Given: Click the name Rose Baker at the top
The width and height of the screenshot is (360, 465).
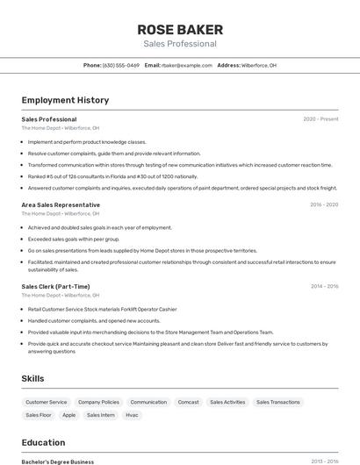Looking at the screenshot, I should pyautogui.click(x=180, y=29).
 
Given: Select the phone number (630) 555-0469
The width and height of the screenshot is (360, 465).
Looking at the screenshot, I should pyautogui.click(x=120, y=65).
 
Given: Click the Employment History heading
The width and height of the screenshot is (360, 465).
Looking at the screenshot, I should pyautogui.click(x=65, y=100).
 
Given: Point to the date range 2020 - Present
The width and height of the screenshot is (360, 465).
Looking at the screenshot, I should pyautogui.click(x=320, y=119).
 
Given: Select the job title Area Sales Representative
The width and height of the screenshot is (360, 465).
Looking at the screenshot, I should pyautogui.click(x=61, y=204).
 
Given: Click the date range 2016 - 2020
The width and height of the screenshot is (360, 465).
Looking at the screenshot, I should pyautogui.click(x=324, y=204).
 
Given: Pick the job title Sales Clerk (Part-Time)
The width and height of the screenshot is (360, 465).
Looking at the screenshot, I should pyautogui.click(x=55, y=286).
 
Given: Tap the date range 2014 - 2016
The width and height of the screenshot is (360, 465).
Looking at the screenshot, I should pyautogui.click(x=324, y=286).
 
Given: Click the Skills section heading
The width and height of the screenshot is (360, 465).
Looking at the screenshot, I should pyautogui.click(x=33, y=378).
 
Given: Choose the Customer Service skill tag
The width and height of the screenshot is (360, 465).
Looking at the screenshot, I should pyautogui.click(x=47, y=402).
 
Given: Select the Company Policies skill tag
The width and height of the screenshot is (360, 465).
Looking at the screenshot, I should pyautogui.click(x=98, y=402).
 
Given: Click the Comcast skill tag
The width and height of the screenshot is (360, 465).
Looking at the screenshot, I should pyautogui.click(x=188, y=402).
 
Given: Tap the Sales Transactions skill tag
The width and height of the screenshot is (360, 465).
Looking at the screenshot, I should pyautogui.click(x=277, y=402).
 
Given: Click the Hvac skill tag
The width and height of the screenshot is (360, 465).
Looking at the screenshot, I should pyautogui.click(x=132, y=415).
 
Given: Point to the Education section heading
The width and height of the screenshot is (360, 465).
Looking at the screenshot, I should pyautogui.click(x=43, y=442).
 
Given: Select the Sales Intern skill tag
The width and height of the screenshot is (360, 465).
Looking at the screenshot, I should pyautogui.click(x=101, y=415).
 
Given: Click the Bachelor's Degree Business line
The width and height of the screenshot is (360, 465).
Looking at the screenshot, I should pyautogui.click(x=58, y=461).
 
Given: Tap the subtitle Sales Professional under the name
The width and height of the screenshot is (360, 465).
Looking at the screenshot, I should pyautogui.click(x=180, y=44).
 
